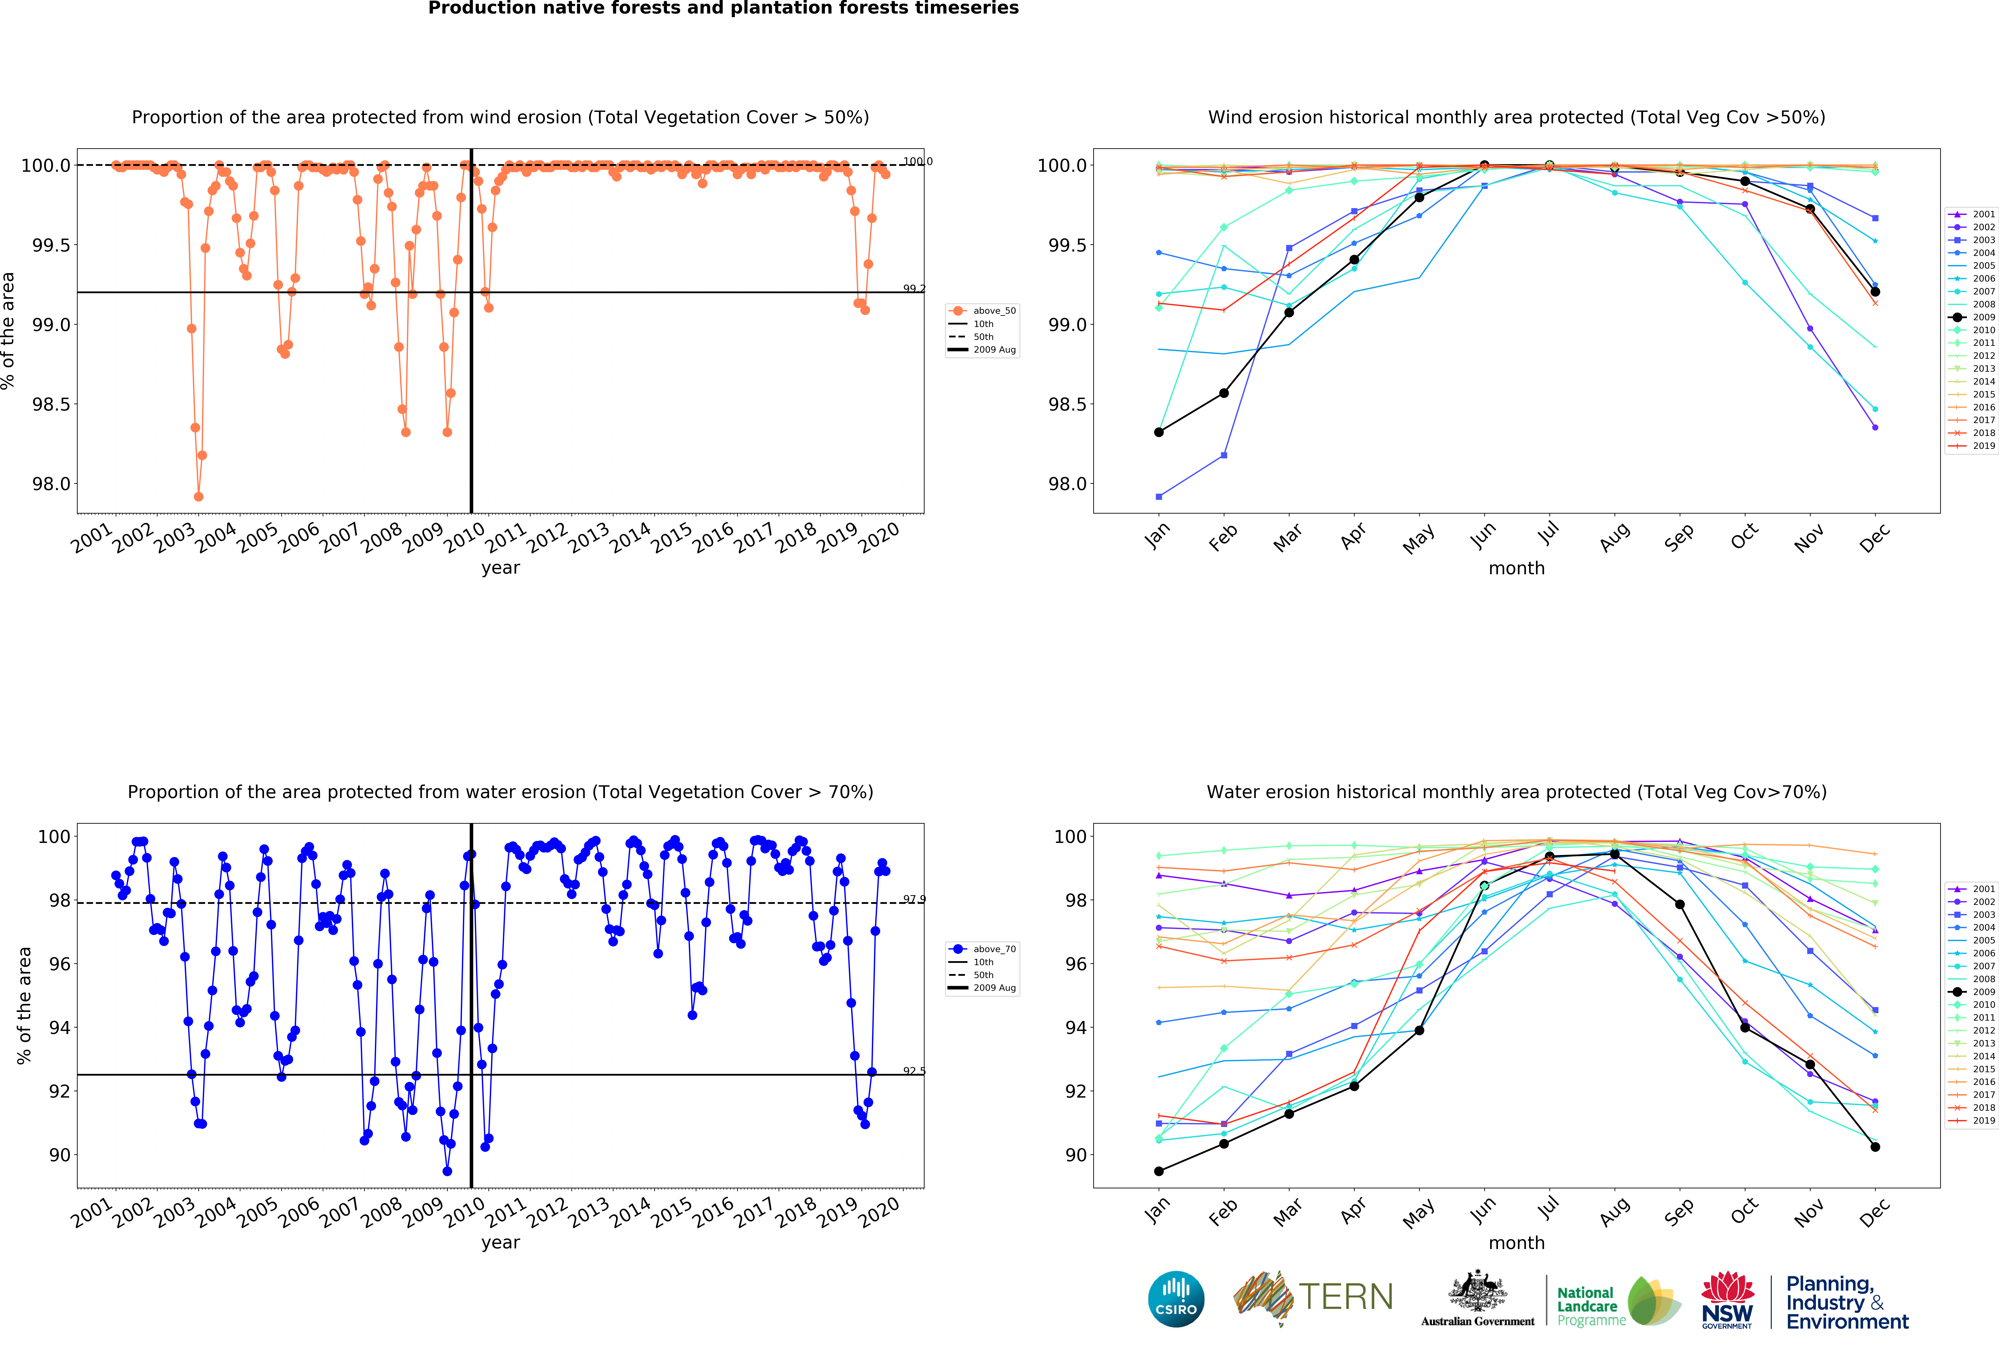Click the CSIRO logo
point(1176,1299)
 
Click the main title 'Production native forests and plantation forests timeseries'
point(723,9)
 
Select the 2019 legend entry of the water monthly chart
point(1972,1120)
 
